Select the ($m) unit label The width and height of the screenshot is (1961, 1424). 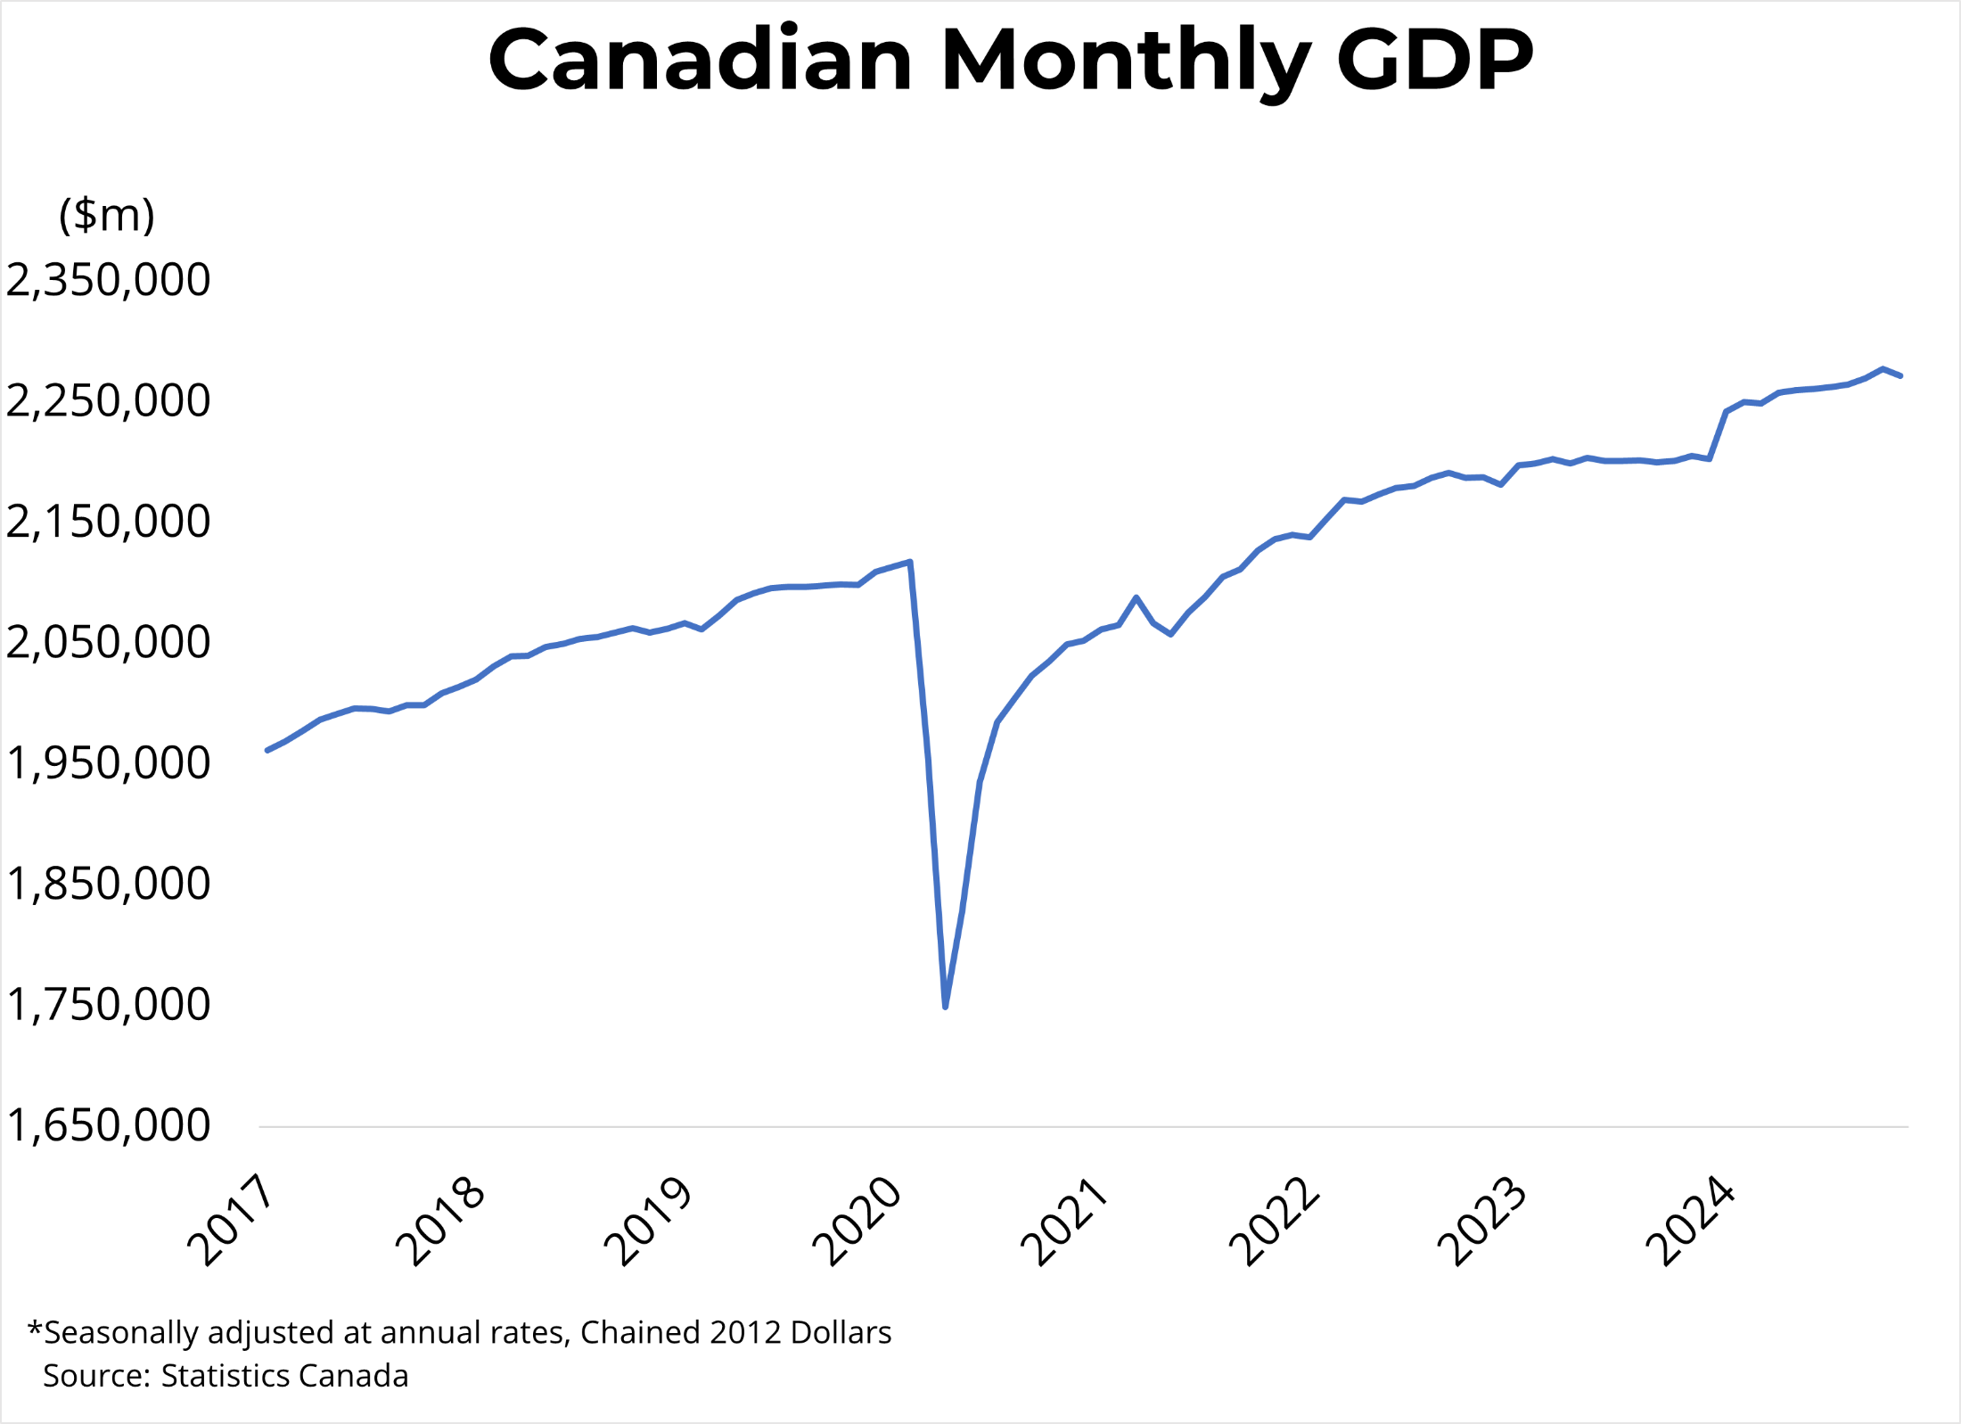coord(107,215)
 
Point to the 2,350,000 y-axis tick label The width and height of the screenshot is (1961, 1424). coord(108,280)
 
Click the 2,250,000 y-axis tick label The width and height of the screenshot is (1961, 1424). coord(108,401)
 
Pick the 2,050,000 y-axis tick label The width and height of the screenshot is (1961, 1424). coord(108,643)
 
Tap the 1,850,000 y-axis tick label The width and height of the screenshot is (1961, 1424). coord(108,885)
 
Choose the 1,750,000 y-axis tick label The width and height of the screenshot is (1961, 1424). coord(108,1005)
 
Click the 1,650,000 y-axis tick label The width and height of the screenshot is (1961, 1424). coord(108,1125)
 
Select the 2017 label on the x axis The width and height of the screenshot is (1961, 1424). coord(231,1220)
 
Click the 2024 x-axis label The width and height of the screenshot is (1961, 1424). coord(1691,1220)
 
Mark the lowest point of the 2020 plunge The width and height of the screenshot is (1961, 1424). coord(945,1007)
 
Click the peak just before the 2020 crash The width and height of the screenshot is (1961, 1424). coord(909,562)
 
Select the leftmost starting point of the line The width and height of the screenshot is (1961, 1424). coord(267,750)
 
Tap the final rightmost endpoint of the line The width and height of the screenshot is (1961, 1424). coord(1900,376)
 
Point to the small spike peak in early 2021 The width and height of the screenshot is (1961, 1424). coord(1136,597)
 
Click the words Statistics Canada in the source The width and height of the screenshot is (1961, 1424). coord(284,1376)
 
